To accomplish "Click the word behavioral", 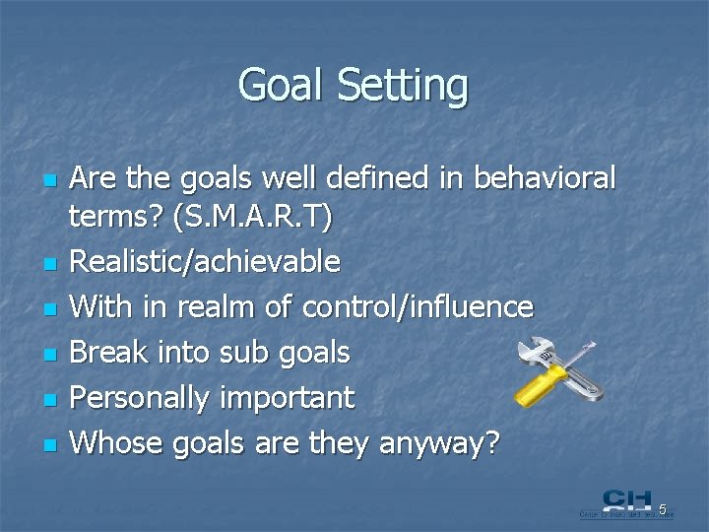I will (558, 178).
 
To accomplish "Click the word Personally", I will (144, 399).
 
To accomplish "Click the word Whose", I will (118, 443).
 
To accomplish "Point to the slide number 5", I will (663, 509).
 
